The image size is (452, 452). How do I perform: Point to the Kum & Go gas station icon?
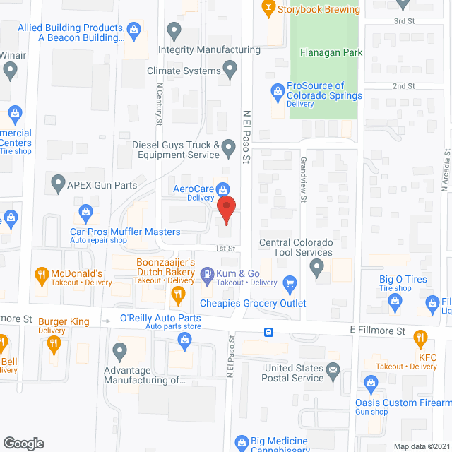[208, 273]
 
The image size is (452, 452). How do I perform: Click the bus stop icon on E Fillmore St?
[269, 332]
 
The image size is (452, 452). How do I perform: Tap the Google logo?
[23, 443]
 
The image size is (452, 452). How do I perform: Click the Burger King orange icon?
[54, 345]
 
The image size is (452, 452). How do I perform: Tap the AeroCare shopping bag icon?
[223, 189]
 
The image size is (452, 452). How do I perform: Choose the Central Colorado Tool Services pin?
[317, 267]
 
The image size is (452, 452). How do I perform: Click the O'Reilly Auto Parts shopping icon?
[184, 341]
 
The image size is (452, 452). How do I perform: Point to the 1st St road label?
[225, 249]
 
